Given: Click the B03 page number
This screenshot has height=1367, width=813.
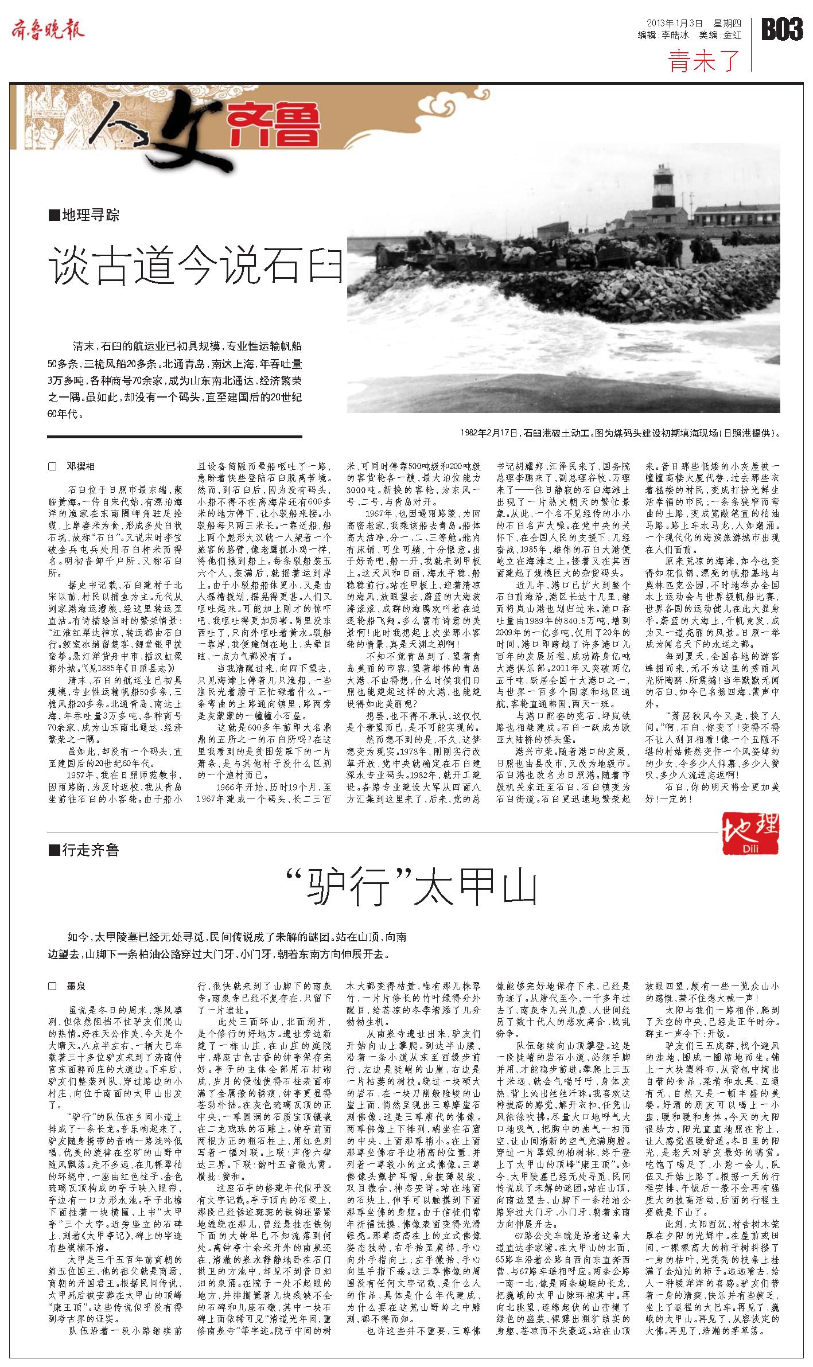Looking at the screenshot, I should coord(781,29).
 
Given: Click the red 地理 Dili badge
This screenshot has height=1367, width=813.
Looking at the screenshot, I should coord(750,832).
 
